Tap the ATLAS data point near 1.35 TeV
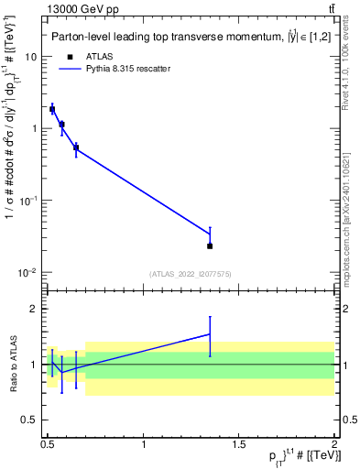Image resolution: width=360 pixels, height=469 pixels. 210,245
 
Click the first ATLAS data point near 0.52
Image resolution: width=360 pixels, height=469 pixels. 52,109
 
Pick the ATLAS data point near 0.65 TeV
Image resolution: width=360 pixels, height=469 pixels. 76,147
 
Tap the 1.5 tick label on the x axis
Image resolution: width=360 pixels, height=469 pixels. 239,444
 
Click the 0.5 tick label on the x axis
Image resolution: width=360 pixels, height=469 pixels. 48,444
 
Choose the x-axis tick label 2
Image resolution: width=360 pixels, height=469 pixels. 334,444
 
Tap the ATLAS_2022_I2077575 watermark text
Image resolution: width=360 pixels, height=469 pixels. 190,274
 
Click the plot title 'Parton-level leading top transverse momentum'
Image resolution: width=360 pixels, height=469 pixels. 174,38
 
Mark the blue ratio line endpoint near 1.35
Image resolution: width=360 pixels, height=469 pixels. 210,334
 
